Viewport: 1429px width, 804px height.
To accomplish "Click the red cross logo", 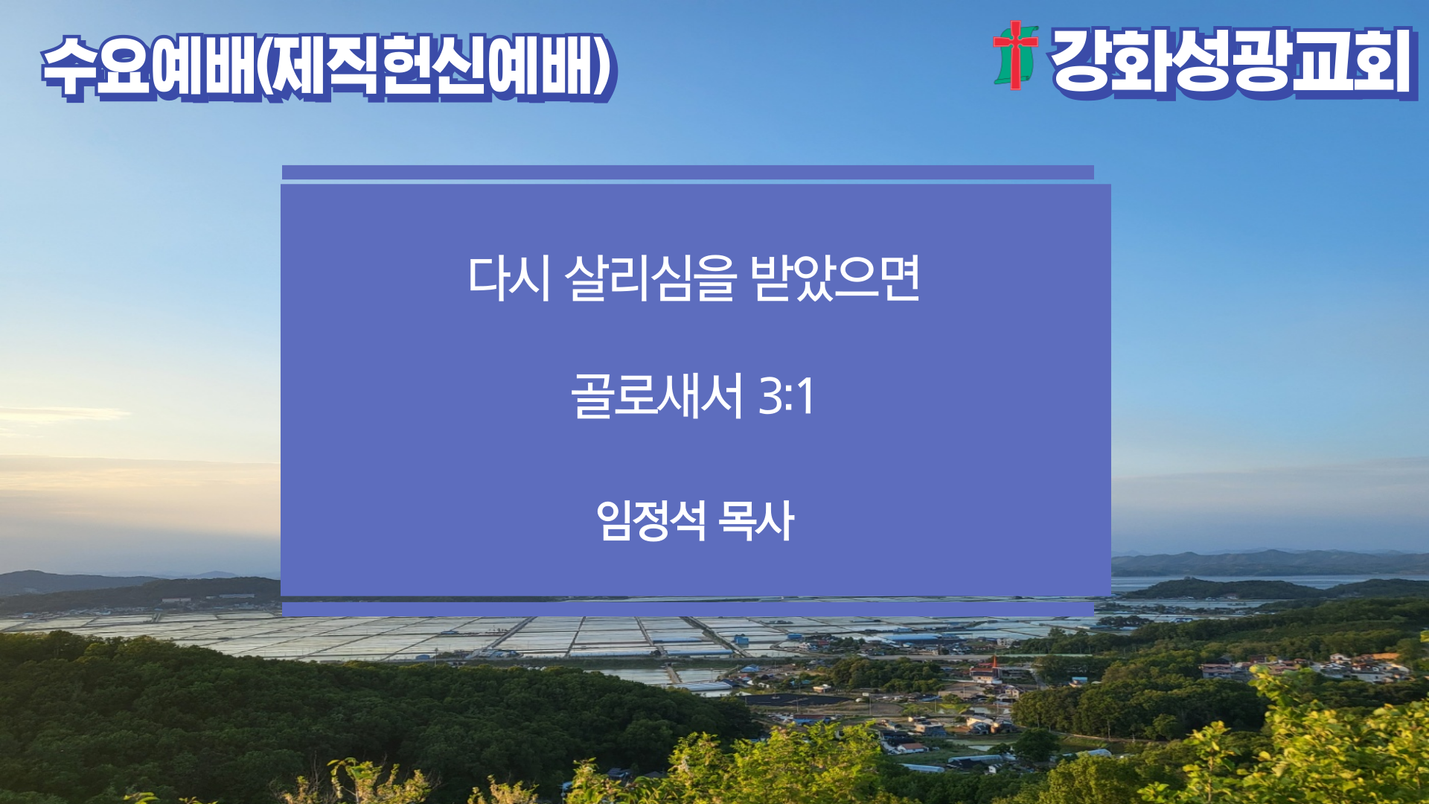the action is click(1016, 56).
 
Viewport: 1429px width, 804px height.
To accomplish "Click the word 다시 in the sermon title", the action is click(509, 278).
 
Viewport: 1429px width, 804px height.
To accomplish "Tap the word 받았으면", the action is click(836, 278).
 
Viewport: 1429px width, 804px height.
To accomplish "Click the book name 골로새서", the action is click(657, 396).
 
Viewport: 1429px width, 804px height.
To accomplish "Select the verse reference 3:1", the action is click(786, 396).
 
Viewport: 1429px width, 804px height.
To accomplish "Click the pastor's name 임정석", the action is click(650, 520).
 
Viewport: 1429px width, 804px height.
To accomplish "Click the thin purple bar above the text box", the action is click(688, 173).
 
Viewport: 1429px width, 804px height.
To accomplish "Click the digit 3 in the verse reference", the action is click(770, 396).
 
